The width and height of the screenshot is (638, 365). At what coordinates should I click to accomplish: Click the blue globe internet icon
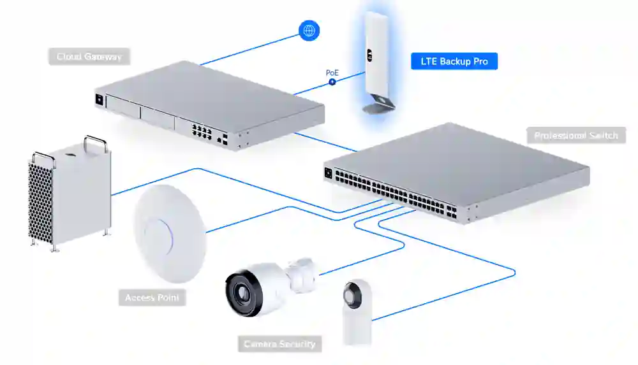309,30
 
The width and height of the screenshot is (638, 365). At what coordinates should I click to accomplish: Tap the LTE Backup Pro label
454,61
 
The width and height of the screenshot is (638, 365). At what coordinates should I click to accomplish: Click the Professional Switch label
576,135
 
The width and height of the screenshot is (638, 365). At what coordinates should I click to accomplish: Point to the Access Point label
152,297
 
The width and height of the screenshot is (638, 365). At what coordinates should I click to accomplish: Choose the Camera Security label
279,344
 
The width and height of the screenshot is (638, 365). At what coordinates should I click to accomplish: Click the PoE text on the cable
332,73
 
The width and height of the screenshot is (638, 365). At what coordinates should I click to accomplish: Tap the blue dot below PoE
332,83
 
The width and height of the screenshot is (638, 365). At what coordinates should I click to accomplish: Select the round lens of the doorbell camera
352,294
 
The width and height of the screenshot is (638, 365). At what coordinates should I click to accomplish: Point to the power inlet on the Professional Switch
329,171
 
